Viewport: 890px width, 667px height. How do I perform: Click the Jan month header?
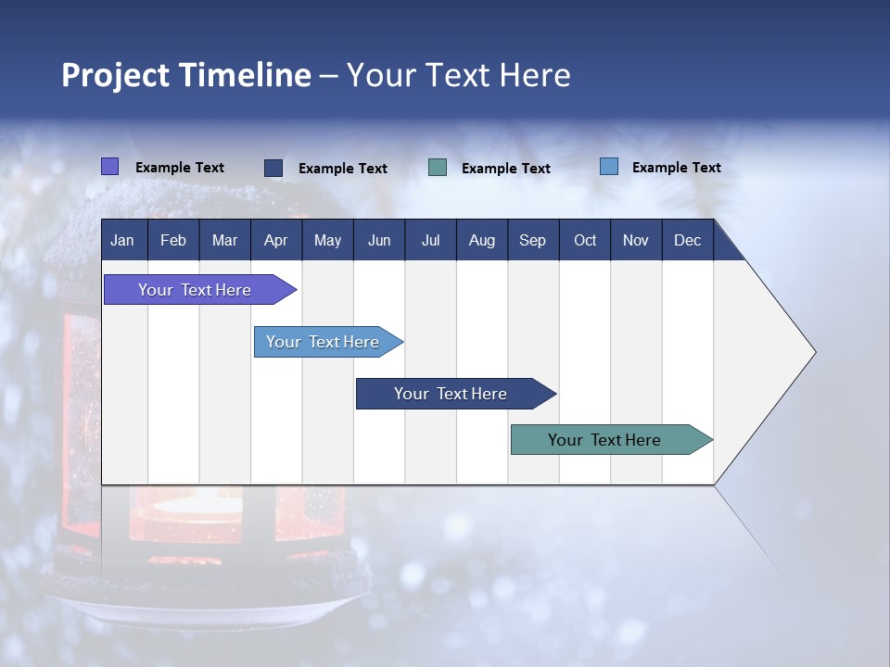point(122,240)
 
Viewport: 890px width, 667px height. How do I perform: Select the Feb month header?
point(173,240)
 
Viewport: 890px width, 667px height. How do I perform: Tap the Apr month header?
point(275,240)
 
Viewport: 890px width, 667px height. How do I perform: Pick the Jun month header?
point(379,240)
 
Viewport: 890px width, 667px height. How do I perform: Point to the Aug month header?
point(481,240)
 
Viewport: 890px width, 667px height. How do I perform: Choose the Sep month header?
point(532,240)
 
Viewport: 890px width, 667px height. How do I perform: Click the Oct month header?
point(585,240)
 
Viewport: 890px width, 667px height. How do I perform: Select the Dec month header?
point(687,240)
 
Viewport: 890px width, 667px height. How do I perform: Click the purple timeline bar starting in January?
point(195,290)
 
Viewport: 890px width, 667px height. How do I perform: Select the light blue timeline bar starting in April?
point(323,342)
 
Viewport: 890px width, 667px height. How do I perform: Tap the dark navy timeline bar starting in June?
point(451,394)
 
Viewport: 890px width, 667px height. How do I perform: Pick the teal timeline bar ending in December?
point(604,440)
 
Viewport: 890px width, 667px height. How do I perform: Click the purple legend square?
point(109,167)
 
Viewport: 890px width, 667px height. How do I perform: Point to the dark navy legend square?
point(273,168)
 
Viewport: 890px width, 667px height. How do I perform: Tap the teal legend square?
point(438,168)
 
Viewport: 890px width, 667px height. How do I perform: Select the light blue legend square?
point(609,167)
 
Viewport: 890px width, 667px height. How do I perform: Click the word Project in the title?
point(116,75)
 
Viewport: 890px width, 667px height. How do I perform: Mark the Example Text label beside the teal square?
point(506,168)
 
